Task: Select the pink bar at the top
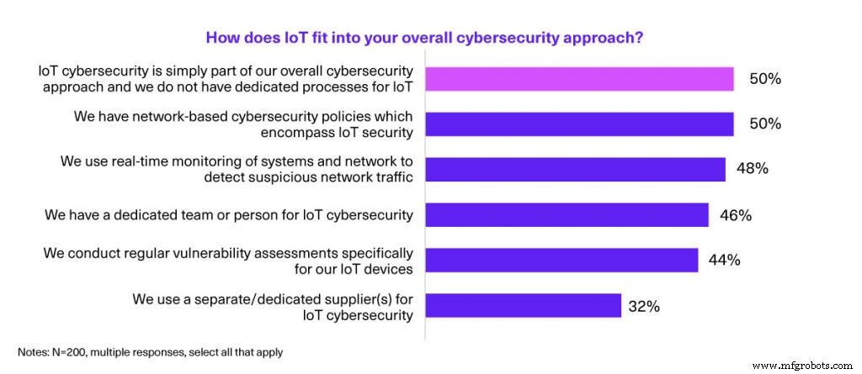[579, 79]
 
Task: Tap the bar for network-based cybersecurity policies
[579, 124]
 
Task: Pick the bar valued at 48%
[575, 169]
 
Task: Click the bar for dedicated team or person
[567, 215]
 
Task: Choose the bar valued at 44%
[561, 260]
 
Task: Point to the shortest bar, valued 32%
[523, 305]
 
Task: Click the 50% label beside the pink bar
[765, 79]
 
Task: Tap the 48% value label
[751, 169]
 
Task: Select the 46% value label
[735, 215]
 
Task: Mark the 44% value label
[724, 260]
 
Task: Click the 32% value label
[643, 306]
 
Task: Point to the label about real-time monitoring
[237, 169]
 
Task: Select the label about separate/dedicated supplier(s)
[273, 306]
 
